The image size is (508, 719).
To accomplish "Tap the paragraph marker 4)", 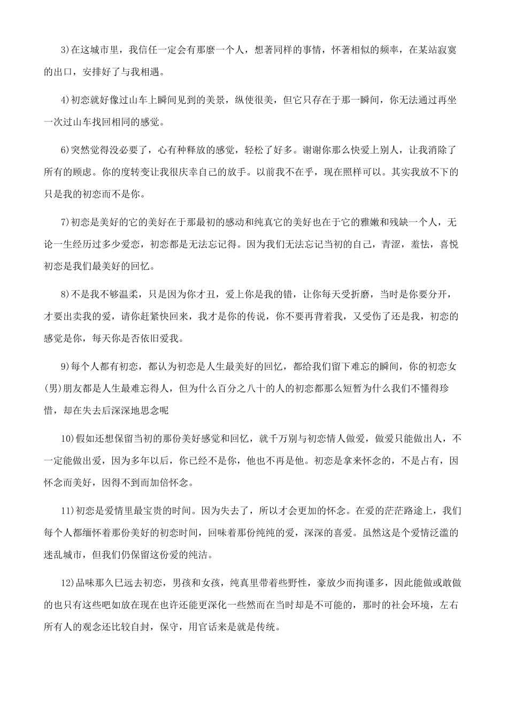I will [x=66, y=100].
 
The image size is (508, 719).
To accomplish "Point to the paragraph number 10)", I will [x=68, y=439].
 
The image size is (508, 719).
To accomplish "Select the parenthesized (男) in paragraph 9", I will [x=53, y=388].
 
